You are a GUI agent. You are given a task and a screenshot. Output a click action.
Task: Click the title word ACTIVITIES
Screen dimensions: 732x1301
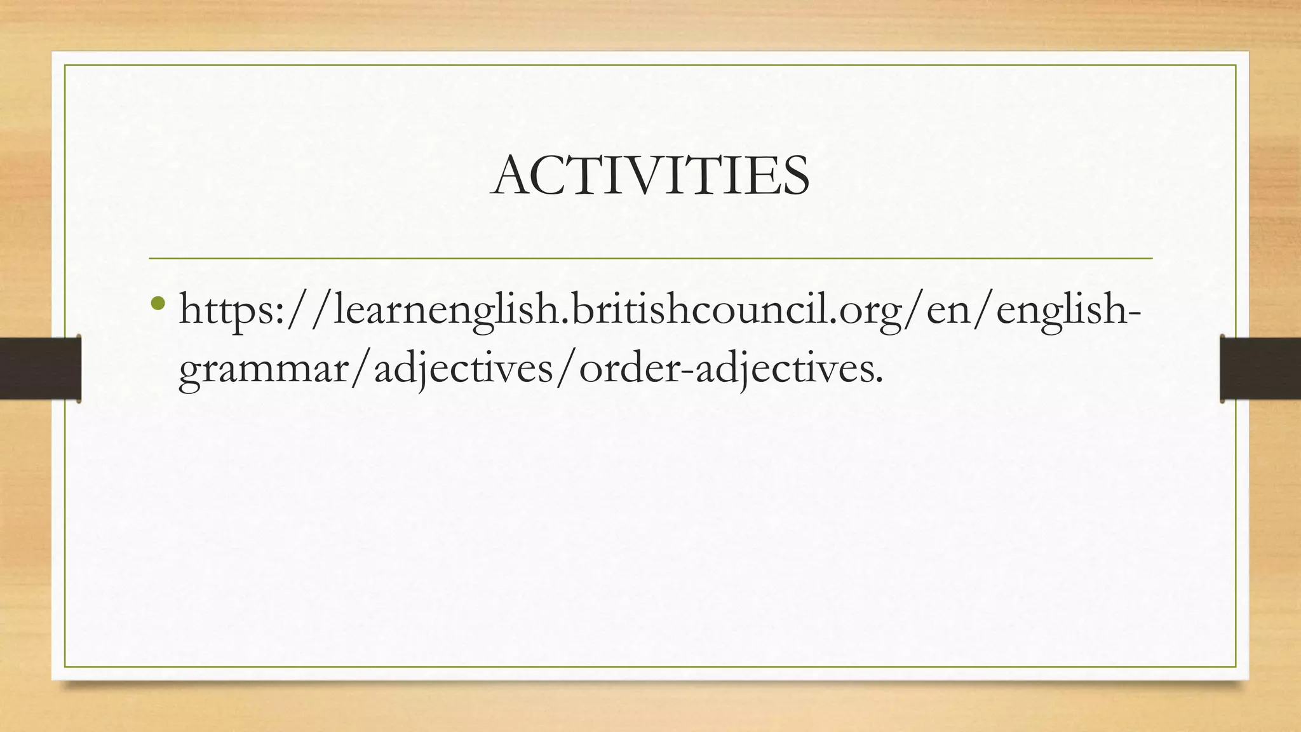(650, 175)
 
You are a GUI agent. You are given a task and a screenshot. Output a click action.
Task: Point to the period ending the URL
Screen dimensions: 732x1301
(879, 381)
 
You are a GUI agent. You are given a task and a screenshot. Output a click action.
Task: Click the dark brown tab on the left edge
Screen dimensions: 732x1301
(40, 369)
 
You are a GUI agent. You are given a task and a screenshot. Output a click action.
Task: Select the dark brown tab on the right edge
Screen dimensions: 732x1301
(1260, 369)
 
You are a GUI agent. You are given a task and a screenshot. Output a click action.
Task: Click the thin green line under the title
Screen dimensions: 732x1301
(650, 259)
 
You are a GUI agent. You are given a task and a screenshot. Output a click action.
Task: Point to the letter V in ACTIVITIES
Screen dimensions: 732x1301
(659, 176)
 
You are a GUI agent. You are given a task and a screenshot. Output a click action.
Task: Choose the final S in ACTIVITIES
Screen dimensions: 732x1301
(795, 176)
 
